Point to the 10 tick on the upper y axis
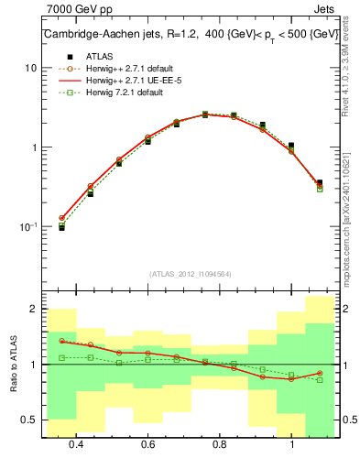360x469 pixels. [31, 69]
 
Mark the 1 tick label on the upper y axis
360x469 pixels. [34, 147]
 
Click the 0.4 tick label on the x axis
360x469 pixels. [76, 444]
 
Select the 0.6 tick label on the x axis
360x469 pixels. [147, 444]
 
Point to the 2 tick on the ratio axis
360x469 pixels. [34, 310]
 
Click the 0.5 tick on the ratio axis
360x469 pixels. [29, 420]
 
